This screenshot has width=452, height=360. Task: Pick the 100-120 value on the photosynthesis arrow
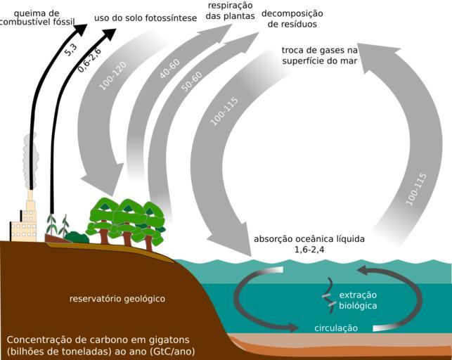pos(112,75)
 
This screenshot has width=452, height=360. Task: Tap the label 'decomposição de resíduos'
pos(292,18)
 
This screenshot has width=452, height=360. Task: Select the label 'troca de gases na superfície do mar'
pos(320,56)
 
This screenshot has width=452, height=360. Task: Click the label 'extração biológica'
pos(358,300)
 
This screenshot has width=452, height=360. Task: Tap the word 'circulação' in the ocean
pos(336,328)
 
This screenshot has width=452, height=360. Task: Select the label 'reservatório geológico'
pos(117,298)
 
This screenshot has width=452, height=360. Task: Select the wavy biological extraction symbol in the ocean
pos(327,295)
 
